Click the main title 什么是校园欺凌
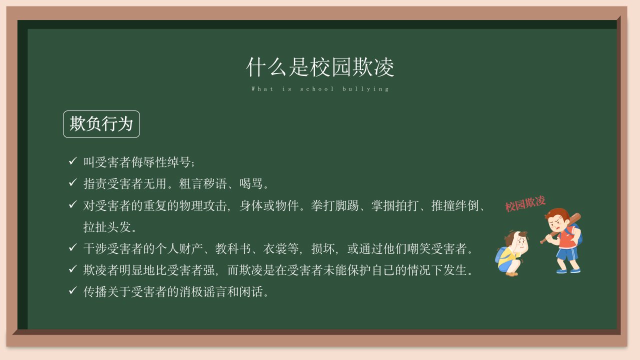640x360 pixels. [x=320, y=67]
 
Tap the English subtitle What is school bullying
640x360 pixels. [x=320, y=89]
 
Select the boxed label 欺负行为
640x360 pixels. [x=101, y=124]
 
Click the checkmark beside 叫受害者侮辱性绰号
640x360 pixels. [x=73, y=161]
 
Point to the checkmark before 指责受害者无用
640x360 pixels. [x=73, y=182]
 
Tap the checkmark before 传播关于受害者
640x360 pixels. [x=73, y=290]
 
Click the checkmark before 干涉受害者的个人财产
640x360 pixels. [x=73, y=247]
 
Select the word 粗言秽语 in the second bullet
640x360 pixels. [x=202, y=183]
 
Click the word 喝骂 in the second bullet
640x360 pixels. [x=251, y=183]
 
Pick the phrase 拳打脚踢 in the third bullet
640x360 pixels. [x=334, y=205]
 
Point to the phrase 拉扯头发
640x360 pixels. [x=107, y=227]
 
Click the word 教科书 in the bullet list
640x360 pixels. [x=233, y=248]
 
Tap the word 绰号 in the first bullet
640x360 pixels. [x=179, y=162]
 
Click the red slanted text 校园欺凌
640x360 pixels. [x=525, y=203]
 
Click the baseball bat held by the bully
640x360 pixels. [x=560, y=228]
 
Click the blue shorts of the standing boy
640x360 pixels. [x=567, y=253]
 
